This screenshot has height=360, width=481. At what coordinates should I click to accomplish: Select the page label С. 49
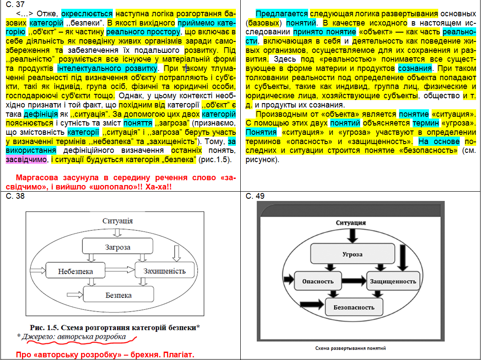point(255,196)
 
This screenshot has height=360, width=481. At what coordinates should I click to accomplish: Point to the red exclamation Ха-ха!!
point(158,187)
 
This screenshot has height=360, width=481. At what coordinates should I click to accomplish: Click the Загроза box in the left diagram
point(117,247)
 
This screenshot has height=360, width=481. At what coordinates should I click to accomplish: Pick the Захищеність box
point(164,271)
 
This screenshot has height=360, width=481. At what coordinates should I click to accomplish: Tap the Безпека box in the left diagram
point(118,295)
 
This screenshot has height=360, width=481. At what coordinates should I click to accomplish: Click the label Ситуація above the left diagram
point(118,221)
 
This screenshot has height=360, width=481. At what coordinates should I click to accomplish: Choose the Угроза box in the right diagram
point(352,254)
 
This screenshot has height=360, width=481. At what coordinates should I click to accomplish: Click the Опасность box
point(317,281)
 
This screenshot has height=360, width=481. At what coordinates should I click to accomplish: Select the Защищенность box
point(393,281)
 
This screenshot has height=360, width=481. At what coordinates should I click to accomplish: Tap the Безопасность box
point(354,306)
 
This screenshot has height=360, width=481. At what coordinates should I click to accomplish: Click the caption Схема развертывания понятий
point(350,348)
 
